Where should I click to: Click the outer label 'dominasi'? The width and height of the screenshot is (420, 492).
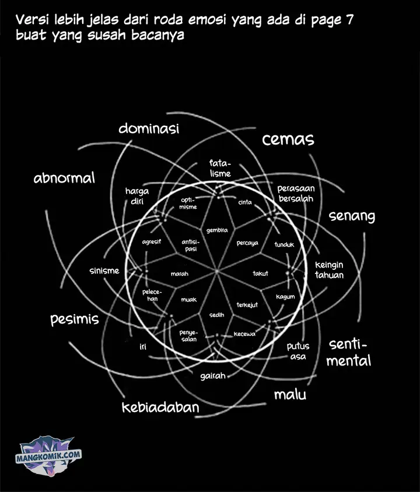click(148, 128)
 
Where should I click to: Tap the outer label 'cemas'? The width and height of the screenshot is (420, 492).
click(288, 139)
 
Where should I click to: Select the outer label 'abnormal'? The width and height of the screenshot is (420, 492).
click(64, 178)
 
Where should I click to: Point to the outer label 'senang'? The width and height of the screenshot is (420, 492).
click(352, 216)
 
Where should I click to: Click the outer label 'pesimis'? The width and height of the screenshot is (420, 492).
click(74, 319)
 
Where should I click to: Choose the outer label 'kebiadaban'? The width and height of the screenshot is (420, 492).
click(160, 407)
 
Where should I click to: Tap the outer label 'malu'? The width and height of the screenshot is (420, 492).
click(290, 395)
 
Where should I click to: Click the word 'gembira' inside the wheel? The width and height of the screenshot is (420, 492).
click(216, 229)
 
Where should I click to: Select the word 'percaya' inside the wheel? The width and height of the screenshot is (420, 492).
click(247, 243)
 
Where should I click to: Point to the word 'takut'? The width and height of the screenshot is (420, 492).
click(260, 273)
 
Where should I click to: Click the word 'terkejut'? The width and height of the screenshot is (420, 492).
click(247, 305)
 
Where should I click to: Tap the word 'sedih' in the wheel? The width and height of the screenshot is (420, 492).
click(216, 315)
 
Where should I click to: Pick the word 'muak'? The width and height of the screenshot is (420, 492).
click(188, 300)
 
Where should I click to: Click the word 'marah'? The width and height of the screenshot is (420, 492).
click(179, 273)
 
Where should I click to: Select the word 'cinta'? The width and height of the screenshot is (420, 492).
click(245, 202)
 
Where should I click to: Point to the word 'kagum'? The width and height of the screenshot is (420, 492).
click(285, 297)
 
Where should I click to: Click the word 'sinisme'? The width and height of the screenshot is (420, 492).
click(104, 270)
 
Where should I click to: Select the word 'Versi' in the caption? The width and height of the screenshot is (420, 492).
click(32, 20)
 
